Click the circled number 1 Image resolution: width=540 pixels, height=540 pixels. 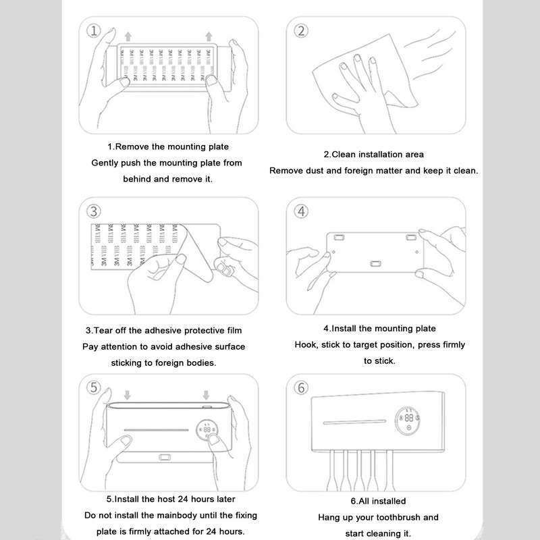pos(93,30)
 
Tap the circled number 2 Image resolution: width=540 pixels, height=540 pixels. pos(301,30)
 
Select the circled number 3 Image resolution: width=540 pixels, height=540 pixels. pos(93,211)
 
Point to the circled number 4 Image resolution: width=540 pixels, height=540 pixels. pos(301,211)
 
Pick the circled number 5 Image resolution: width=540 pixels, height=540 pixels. pos(93,387)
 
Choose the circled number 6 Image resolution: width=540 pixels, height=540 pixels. pos(301,387)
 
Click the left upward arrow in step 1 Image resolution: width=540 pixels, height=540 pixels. pos(128,36)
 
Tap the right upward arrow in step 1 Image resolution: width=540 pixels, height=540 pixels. pos(209,36)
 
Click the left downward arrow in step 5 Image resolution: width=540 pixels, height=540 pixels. pos(128,395)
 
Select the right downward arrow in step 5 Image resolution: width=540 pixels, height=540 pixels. pos(206,395)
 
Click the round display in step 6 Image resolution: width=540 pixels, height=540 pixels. pos(408,421)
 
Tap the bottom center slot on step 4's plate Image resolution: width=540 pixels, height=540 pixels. pos(375,264)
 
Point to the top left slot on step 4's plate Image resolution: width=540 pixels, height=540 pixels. pos(339,238)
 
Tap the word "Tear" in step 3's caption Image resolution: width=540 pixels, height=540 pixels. pos(104,330)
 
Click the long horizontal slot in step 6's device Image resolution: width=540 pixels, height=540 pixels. pos(354,422)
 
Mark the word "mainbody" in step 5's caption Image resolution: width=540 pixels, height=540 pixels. pos(178,515)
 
